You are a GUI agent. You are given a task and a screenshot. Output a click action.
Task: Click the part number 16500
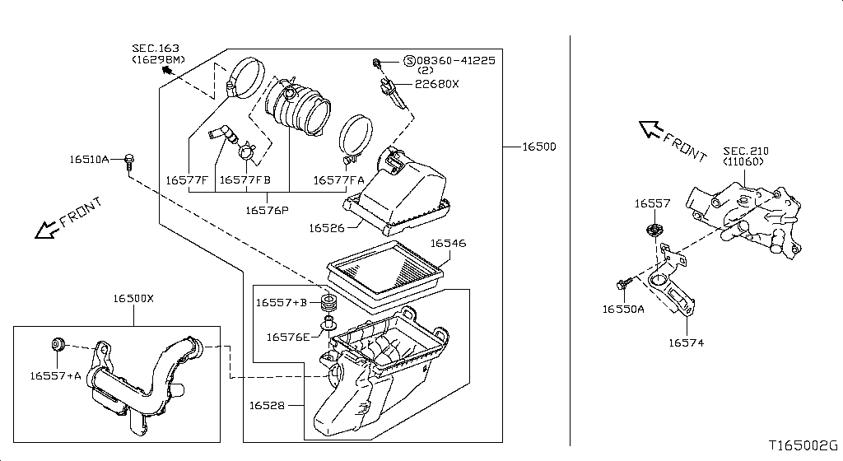coord(539,147)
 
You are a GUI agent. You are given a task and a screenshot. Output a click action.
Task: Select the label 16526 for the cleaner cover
coord(326,228)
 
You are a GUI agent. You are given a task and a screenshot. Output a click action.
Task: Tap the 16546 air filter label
coord(448,244)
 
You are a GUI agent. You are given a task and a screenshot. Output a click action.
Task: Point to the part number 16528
coord(267,406)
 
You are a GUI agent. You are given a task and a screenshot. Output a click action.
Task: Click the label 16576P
coord(267,210)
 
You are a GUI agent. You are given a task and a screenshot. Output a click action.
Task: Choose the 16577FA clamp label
coord(338,179)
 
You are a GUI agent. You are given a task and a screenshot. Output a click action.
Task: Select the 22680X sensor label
coord(436,85)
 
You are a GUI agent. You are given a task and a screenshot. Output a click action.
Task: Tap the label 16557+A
coord(56,375)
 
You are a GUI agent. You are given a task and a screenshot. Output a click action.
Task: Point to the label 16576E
coord(288,336)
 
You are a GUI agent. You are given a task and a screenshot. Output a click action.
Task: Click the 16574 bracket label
coord(686,342)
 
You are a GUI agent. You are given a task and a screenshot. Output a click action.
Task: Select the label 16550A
coord(623,310)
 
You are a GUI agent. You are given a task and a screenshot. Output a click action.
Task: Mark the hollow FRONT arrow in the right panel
coord(653,129)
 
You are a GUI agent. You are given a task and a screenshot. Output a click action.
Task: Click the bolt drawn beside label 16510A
coord(129,161)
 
